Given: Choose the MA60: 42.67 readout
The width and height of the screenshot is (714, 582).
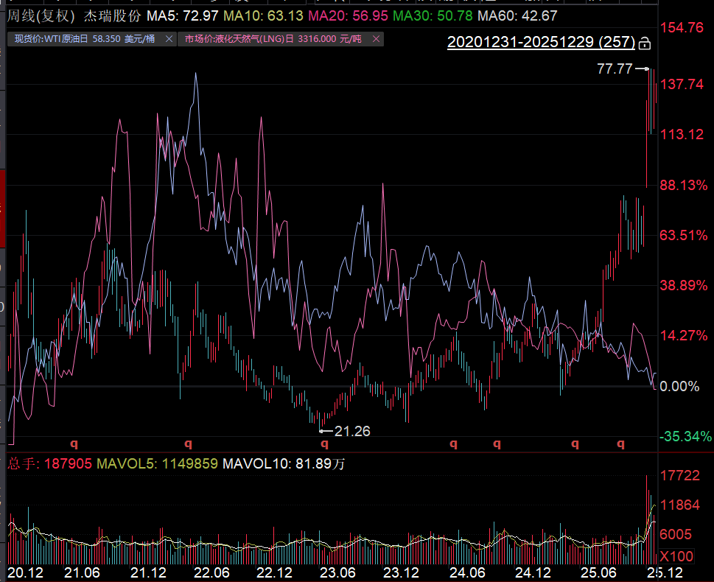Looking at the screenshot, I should [x=517, y=15].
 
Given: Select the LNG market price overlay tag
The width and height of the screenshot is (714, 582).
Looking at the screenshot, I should [x=273, y=38].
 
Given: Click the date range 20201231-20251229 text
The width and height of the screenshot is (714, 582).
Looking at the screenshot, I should [x=541, y=43].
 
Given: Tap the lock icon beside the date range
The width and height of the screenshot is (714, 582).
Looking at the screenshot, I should [x=645, y=43].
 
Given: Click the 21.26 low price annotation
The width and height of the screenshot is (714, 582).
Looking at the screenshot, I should [x=351, y=431].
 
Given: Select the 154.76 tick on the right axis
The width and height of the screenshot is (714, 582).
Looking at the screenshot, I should [x=682, y=28].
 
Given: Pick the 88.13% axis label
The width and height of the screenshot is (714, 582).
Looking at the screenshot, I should [x=683, y=185].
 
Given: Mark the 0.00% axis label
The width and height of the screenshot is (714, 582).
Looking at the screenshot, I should [x=680, y=386].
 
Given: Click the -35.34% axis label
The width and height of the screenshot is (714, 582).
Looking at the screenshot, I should [x=685, y=437].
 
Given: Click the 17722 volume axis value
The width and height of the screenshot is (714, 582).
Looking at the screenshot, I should [x=679, y=476].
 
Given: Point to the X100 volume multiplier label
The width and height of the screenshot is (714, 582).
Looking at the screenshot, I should [x=676, y=555].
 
